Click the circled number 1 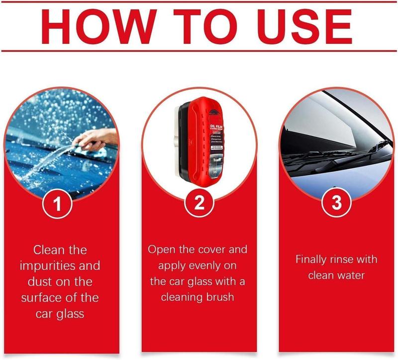pos(59,205)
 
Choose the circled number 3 pos(337,205)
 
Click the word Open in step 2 pos(161,249)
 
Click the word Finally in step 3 pos(312,259)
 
